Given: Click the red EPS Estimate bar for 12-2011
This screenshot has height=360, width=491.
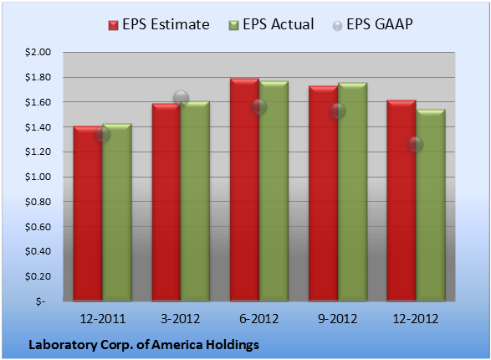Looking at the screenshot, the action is tap(88, 213).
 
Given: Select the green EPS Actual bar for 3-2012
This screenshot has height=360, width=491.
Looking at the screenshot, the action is tap(195, 201).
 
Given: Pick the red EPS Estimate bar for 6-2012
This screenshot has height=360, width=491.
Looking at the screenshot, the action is tap(244, 189).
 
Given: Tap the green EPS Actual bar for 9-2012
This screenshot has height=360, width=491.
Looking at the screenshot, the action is tap(353, 192).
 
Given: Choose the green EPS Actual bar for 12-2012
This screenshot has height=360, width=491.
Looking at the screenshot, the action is tap(431, 205).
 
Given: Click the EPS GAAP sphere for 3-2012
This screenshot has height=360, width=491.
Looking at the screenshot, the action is tap(181, 99).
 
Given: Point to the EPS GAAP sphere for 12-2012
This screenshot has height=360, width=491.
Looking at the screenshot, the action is tap(415, 145).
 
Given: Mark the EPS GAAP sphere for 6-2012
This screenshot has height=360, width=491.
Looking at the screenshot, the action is tap(258, 107).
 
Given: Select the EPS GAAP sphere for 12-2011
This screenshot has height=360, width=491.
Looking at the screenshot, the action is tap(102, 135).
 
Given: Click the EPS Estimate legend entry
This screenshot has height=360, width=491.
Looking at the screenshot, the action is tap(159, 24).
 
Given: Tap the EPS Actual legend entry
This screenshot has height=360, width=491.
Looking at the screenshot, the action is tap(271, 24).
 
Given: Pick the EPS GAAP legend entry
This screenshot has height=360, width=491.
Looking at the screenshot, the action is tap(372, 24).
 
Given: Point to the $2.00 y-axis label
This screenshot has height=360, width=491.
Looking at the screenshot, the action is tap(38, 52).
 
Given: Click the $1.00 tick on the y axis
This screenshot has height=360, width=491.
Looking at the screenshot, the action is tap(38, 177).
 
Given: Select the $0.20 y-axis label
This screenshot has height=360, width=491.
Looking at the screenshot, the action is tap(38, 276).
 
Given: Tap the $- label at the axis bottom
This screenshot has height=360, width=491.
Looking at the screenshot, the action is tap(40, 301).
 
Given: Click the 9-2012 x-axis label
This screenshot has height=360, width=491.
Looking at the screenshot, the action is tap(337, 319).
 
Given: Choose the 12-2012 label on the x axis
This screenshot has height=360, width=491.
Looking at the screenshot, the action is tap(415, 319).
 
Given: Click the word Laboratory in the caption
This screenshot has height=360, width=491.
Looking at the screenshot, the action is tap(63, 345).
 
